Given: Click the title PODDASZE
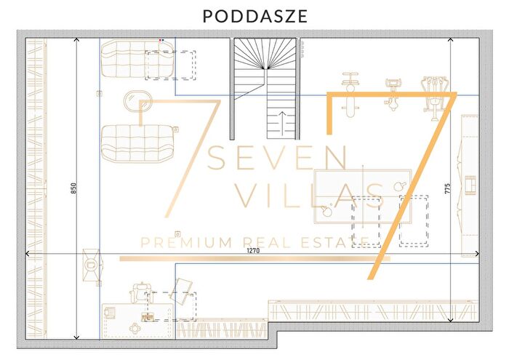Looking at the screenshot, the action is point(255,16).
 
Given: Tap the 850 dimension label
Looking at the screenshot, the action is point(73,188).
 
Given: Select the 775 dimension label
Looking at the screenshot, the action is point(448,188).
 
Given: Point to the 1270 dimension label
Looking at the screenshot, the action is point(253,250).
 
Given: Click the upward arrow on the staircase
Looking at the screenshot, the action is point(282,124).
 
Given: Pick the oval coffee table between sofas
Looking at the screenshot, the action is point(138,100).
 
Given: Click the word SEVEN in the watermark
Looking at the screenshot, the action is point(278,158).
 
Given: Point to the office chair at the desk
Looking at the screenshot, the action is point(141,292).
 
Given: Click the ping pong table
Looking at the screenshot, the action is point(363,196).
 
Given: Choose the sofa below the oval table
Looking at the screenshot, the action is point(138,143).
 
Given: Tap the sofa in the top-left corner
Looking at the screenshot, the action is point(137,59).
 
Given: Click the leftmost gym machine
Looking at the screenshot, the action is point(350,95).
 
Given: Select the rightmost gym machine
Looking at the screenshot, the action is point(434,98).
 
